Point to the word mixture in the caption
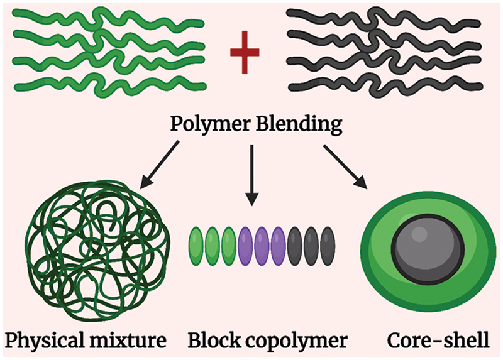pyautogui.click(x=132, y=340)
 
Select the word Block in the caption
pyautogui.click(x=213, y=339)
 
